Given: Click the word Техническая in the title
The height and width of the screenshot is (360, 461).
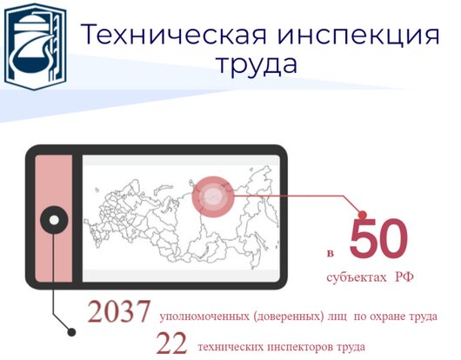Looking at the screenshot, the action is tap(174, 35).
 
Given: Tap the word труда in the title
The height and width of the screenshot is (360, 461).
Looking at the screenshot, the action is tap(257, 65).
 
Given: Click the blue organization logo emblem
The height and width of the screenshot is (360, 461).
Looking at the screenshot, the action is tap(35, 46).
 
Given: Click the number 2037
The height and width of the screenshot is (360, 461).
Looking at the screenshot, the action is tap(118, 311).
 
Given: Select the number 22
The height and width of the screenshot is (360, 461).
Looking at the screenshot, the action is tap(171, 343).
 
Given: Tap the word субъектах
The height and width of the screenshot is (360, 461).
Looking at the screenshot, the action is tap(357, 277).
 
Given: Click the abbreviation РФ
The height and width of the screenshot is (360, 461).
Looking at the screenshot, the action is tap(404, 277).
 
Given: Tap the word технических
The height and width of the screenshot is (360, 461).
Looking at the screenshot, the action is tap(230, 347).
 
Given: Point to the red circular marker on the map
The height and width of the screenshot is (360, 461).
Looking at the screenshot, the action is tap(213, 197).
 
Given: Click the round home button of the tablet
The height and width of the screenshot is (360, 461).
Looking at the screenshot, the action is tap(54, 220).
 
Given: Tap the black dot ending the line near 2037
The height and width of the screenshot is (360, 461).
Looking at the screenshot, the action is tap(71, 332).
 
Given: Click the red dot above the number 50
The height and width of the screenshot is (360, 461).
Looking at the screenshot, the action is tap(363, 215).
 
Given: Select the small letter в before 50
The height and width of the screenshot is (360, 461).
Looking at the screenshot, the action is tap(331, 253).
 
